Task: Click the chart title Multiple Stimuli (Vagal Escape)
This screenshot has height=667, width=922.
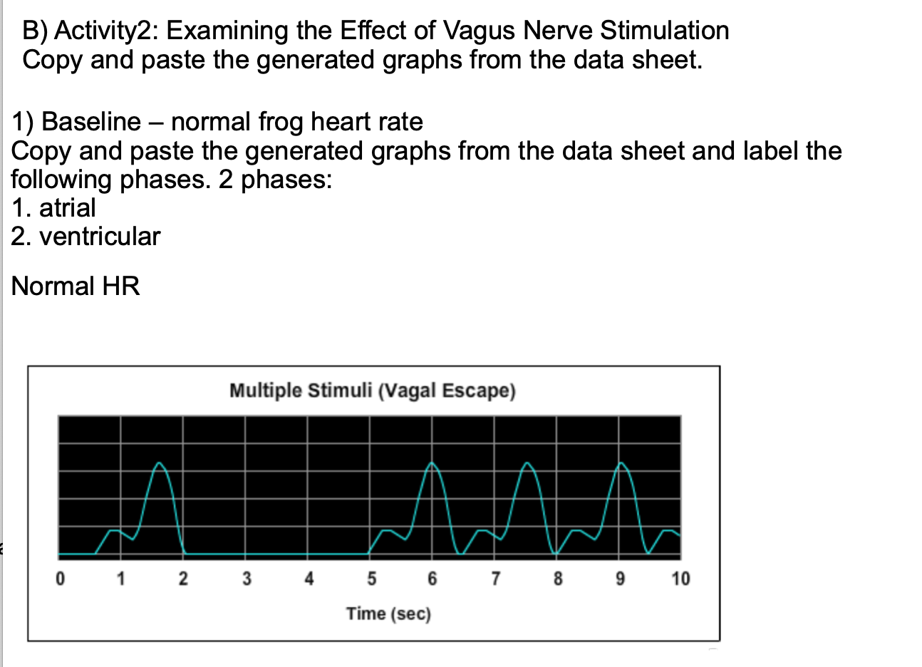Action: click(372, 391)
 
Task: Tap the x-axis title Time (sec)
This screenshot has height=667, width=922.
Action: click(388, 614)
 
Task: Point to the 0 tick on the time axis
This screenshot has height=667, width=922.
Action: click(61, 578)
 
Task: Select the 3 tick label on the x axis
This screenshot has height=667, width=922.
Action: click(246, 578)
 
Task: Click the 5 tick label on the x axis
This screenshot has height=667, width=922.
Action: click(371, 578)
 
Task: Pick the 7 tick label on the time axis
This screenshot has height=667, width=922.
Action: click(494, 578)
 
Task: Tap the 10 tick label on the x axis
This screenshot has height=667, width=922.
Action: click(680, 578)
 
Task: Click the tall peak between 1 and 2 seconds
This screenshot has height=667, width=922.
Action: click(160, 464)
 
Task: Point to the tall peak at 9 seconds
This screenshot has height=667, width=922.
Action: click(622, 464)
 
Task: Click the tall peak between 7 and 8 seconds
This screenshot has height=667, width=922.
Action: click(528, 464)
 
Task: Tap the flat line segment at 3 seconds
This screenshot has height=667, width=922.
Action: click(246, 554)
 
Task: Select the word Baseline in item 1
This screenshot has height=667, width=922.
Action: click(91, 122)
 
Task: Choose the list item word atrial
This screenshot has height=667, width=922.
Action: click(67, 208)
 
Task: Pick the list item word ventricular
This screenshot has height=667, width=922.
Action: click(100, 237)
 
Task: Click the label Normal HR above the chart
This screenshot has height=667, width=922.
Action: click(76, 286)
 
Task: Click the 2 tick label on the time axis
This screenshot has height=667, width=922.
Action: click(183, 578)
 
